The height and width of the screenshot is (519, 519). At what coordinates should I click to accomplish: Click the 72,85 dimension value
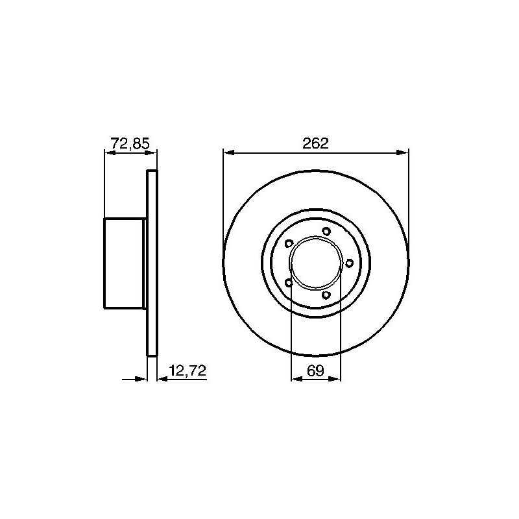pyautogui.click(x=130, y=143)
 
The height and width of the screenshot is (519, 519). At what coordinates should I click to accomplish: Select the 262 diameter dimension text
pyautogui.click(x=315, y=143)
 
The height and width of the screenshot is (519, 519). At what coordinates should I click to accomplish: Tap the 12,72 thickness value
pyautogui.click(x=187, y=370)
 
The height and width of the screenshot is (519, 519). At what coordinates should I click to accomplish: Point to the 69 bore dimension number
pyautogui.click(x=315, y=370)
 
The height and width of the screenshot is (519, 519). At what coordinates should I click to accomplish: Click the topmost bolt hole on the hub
pyautogui.click(x=326, y=232)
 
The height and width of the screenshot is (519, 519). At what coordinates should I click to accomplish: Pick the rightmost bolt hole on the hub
pyautogui.click(x=349, y=263)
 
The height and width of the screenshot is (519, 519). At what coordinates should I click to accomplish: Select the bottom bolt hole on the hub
pyautogui.click(x=326, y=295)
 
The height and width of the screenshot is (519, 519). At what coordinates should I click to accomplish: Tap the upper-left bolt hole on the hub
pyautogui.click(x=289, y=244)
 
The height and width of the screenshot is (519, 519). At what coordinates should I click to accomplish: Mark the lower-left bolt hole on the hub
pyautogui.click(x=289, y=283)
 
